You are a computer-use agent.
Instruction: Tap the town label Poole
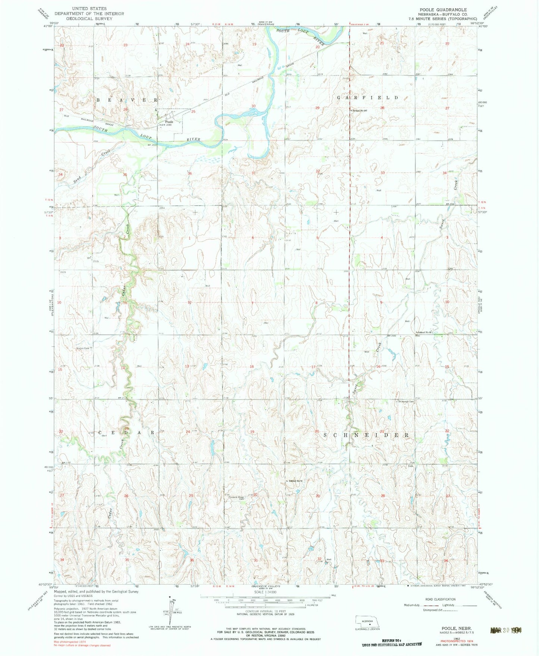(169, 122)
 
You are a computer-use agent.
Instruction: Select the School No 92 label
(424, 332)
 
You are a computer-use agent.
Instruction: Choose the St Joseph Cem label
(406, 402)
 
